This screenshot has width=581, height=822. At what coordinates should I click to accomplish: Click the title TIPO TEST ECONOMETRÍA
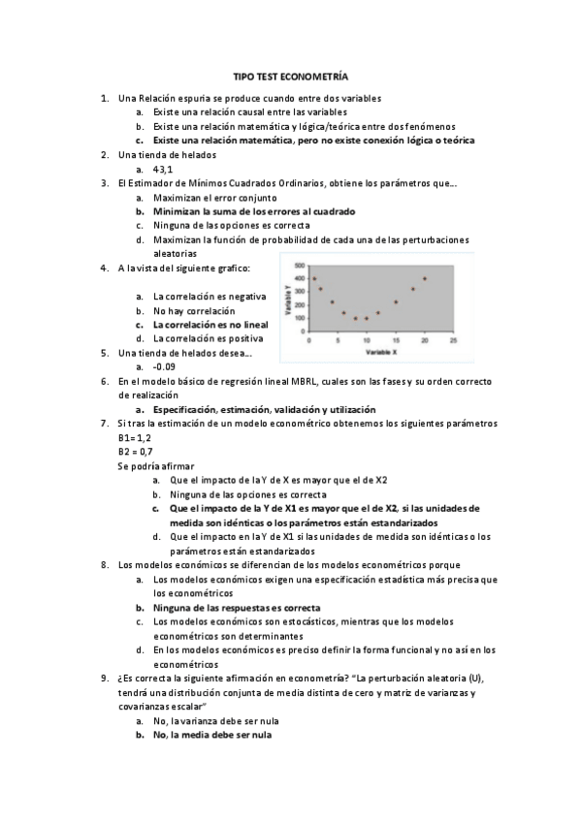(x=290, y=75)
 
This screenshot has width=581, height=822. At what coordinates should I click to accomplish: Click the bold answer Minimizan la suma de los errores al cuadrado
(x=254, y=210)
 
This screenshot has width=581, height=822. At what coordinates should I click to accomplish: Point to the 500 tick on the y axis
(x=300, y=265)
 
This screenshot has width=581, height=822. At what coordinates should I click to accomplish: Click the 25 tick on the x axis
(x=453, y=341)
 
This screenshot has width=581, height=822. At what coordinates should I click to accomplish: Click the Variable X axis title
(x=378, y=351)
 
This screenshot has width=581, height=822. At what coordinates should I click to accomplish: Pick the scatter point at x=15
(x=396, y=301)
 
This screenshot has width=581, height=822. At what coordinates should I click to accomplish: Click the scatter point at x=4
(x=332, y=301)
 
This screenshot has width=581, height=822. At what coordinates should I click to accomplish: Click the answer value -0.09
(x=164, y=367)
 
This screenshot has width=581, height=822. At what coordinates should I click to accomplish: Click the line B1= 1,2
(x=135, y=438)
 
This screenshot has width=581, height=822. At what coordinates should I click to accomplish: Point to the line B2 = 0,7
(x=135, y=452)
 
